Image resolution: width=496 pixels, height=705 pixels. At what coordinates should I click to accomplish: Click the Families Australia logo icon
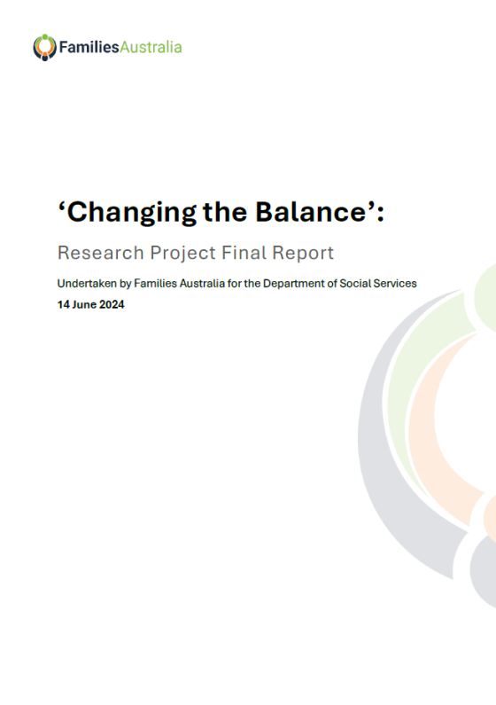tap(44, 46)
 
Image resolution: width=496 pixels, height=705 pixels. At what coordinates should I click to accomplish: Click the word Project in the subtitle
tap(171, 254)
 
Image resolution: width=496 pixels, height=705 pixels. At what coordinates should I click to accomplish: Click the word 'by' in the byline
tap(125, 283)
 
